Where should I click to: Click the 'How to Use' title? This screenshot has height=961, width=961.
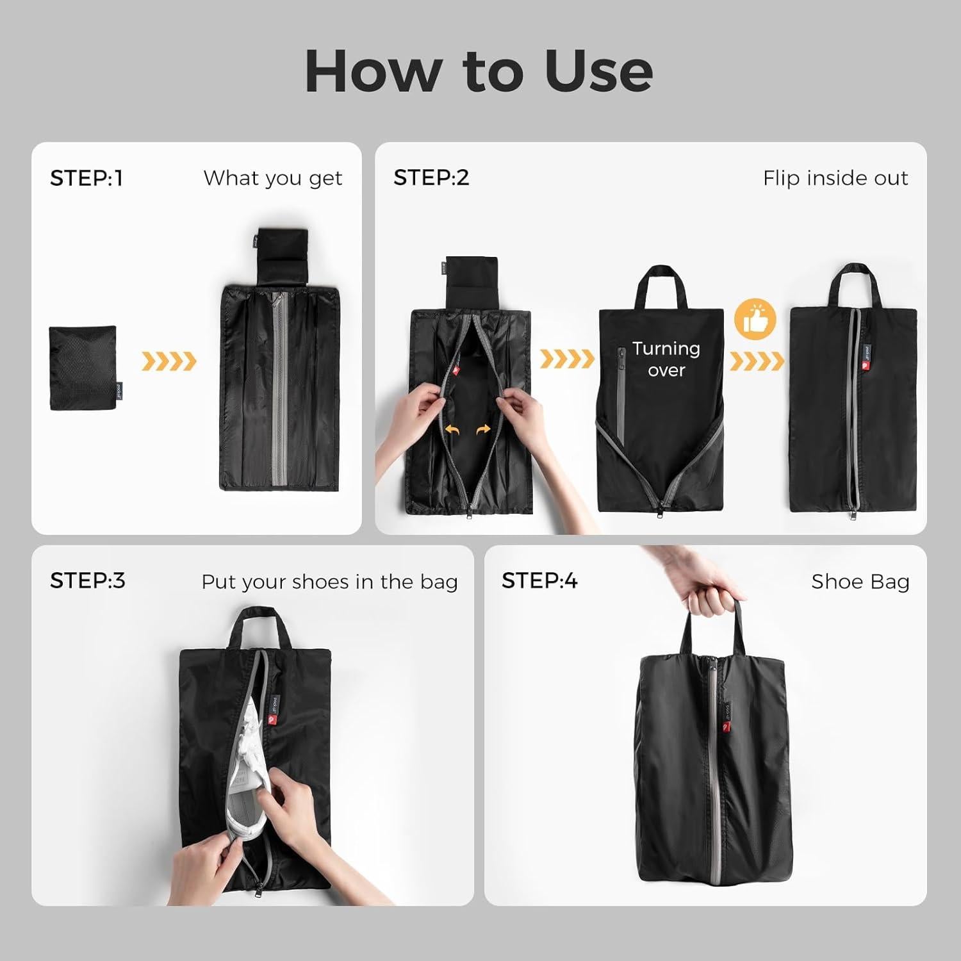click(479, 70)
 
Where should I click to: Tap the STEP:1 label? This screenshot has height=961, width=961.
click(86, 178)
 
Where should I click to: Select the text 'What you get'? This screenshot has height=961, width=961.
click(273, 178)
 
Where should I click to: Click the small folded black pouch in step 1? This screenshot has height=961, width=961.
click(83, 368)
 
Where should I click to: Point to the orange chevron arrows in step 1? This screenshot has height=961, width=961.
click(168, 361)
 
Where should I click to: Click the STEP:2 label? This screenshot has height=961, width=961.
click(431, 178)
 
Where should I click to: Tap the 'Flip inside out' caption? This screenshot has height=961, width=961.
click(835, 178)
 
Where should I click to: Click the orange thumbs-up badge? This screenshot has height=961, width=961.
click(755, 319)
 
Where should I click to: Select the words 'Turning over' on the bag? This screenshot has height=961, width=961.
click(666, 359)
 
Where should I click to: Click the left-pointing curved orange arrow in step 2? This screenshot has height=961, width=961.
click(452, 430)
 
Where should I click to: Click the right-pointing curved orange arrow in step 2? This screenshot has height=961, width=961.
click(484, 430)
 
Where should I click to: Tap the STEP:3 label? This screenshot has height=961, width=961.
click(88, 580)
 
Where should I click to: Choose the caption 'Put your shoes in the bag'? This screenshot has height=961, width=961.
click(329, 582)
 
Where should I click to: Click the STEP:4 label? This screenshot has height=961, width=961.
click(539, 580)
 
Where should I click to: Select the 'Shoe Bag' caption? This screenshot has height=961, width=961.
click(860, 582)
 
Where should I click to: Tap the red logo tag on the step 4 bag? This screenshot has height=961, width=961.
click(727, 727)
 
